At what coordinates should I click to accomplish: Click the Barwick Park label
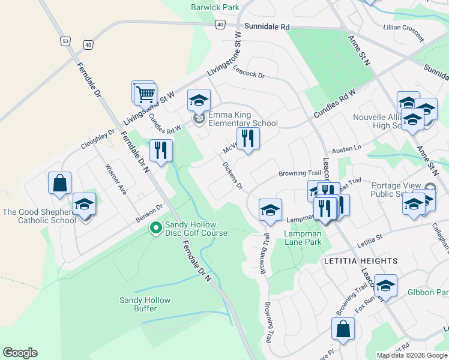click(215, 7)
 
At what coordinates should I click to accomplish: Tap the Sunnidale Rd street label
click(267, 27)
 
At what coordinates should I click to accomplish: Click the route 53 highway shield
click(64, 41)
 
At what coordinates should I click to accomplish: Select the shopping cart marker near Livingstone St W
click(145, 94)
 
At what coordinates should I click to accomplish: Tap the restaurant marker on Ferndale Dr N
click(160, 150)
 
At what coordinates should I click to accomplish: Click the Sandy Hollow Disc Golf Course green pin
click(155, 228)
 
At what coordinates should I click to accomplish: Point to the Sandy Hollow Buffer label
click(145, 304)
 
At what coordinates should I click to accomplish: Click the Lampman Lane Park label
click(295, 238)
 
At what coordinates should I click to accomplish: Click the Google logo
click(20, 353)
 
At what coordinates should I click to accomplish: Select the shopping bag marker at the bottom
click(343, 329)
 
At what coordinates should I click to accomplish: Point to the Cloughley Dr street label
click(98, 139)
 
